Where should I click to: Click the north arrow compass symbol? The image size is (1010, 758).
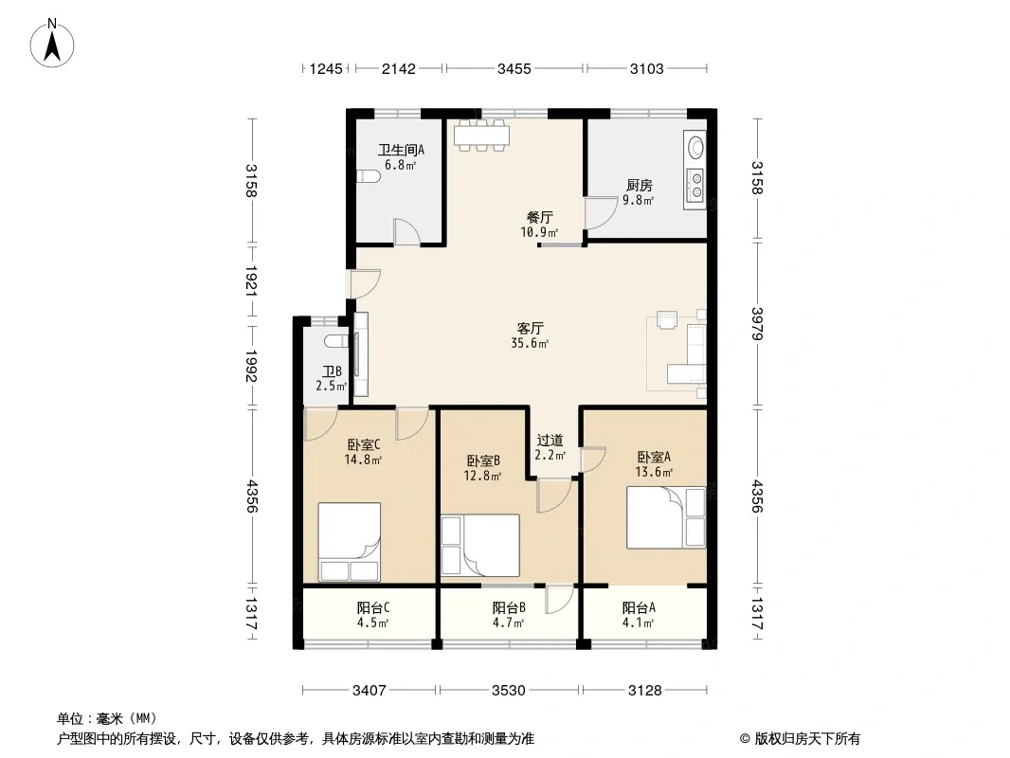coord(52,43)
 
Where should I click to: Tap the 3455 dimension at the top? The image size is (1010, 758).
coord(514,68)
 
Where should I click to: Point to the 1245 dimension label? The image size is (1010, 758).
coord(326,68)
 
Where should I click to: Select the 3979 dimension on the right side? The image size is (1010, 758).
coord(758,324)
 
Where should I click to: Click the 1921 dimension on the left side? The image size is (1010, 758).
coord(251,281)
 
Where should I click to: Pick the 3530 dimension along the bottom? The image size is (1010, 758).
coord(508,691)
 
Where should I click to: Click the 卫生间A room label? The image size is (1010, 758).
coord(401,150)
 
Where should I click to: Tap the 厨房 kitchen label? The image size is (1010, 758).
coord(639,186)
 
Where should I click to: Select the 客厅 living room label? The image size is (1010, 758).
coord(531,329)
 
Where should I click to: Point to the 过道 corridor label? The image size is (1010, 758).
coord(550,441)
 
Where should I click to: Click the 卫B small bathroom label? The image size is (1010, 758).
coord(332,371)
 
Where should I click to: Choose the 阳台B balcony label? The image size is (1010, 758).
coord(509,607)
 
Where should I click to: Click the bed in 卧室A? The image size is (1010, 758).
coord(666,517)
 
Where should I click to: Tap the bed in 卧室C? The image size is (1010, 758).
coord(349,542)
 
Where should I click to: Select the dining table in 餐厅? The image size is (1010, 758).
coord(482,135)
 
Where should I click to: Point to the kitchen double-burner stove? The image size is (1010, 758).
coord(695,184)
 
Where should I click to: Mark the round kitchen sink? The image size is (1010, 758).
coord(695,148)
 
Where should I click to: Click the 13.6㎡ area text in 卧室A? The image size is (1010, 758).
coord(654,472)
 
